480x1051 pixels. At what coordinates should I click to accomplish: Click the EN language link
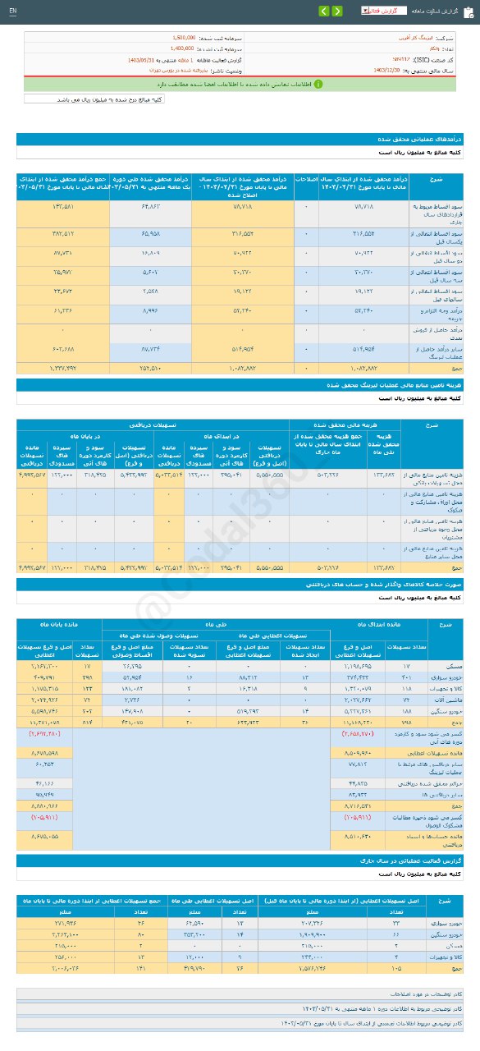12,11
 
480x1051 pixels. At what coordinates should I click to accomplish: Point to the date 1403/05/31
146,60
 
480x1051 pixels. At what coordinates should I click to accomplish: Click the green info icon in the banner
318,84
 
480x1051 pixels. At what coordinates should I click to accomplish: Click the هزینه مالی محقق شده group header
328,425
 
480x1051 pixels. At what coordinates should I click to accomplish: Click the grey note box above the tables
94,99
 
